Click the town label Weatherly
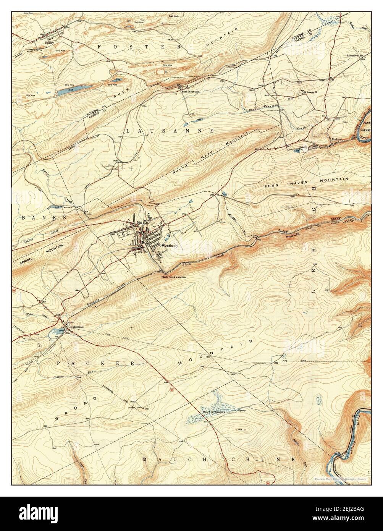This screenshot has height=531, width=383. point(170,246)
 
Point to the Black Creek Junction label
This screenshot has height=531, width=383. point(174,277)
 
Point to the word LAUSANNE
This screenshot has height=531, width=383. point(170,131)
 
